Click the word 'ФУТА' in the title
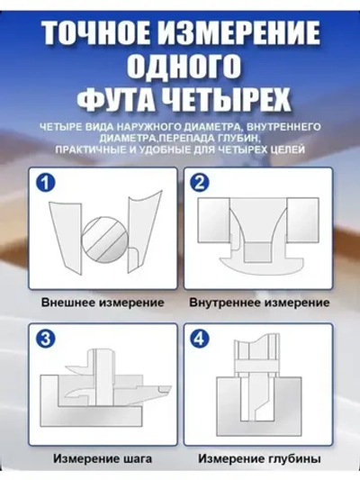106,96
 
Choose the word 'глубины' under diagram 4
294,458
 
